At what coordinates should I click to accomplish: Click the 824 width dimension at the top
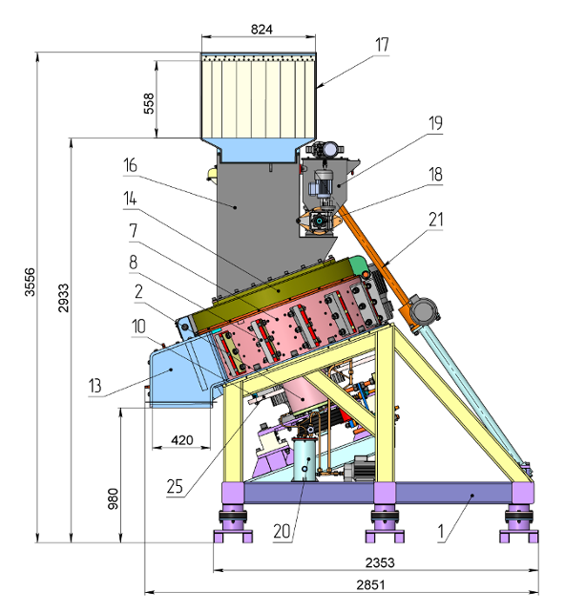[x=262, y=30]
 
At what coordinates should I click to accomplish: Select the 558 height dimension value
[x=149, y=103]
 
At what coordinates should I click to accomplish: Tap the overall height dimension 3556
[x=30, y=282]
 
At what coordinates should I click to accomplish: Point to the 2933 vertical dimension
[x=63, y=298]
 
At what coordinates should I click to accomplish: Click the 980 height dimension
[x=113, y=498]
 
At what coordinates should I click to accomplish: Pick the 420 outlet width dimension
[x=182, y=440]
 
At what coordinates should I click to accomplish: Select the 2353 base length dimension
[x=380, y=562]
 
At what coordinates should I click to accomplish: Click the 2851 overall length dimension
[x=370, y=585]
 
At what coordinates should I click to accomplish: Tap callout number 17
[x=382, y=45]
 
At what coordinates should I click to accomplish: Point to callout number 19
[x=435, y=123]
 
